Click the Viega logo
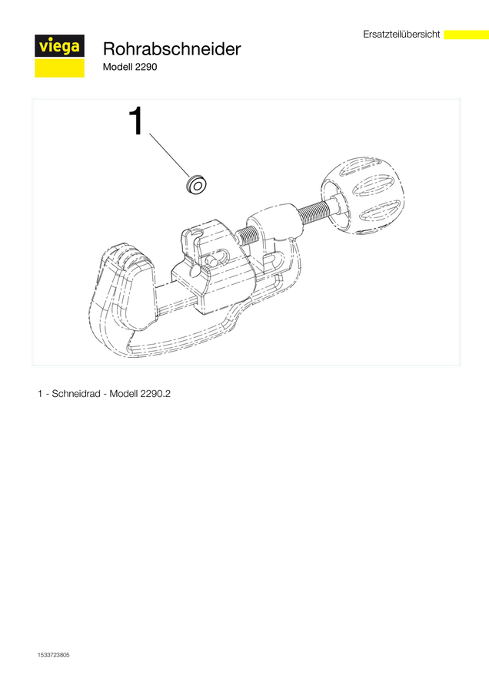[59, 56]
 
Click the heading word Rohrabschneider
[172, 49]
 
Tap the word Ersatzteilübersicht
[401, 35]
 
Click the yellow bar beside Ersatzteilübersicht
[466, 35]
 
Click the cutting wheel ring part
[197, 184]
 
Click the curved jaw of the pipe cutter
[123, 291]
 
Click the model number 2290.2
[155, 394]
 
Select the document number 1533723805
[54, 655]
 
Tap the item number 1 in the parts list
[40, 394]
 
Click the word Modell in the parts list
[123, 394]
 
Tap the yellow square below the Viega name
[59, 68]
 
